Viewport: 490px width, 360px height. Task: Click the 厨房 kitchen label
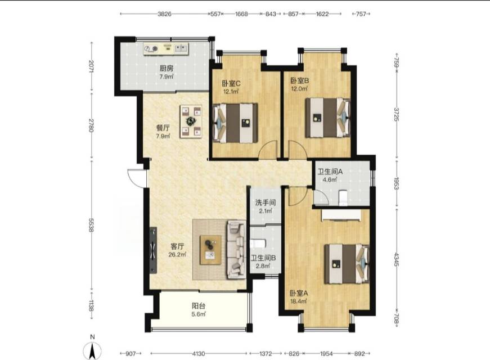(167, 68)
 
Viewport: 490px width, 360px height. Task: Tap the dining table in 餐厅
(191, 121)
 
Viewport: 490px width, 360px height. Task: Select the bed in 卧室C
(235, 123)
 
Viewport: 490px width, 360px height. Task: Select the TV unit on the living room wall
(153, 250)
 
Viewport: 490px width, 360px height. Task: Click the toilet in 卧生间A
(343, 197)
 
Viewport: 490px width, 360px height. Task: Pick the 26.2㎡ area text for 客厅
(177, 255)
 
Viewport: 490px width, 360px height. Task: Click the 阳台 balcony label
(199, 306)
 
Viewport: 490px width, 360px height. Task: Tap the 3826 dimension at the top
(164, 13)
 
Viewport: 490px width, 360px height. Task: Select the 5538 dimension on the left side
(91, 224)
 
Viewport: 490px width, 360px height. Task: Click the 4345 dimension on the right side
(396, 259)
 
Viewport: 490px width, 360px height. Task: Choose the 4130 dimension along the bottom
(199, 354)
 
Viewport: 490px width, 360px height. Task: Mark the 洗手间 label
(266, 202)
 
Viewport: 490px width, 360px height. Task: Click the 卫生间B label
(263, 258)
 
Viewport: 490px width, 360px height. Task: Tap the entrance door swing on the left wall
(137, 178)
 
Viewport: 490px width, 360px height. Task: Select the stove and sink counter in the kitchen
(167, 48)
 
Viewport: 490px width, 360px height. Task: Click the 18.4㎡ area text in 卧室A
(298, 301)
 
